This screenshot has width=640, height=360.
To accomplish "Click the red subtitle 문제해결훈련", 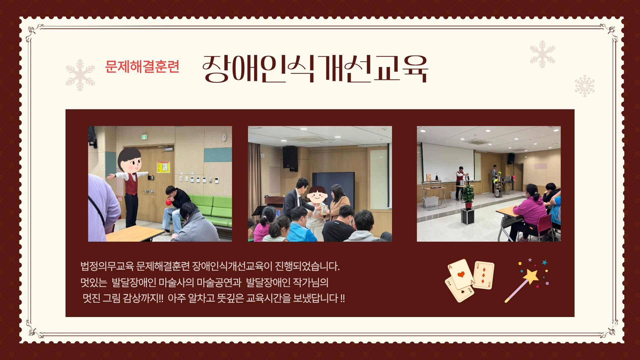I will click(x=142, y=67).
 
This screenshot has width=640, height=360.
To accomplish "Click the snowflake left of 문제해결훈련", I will click(x=80, y=75).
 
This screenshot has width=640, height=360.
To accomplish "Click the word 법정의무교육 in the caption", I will click(x=107, y=267).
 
